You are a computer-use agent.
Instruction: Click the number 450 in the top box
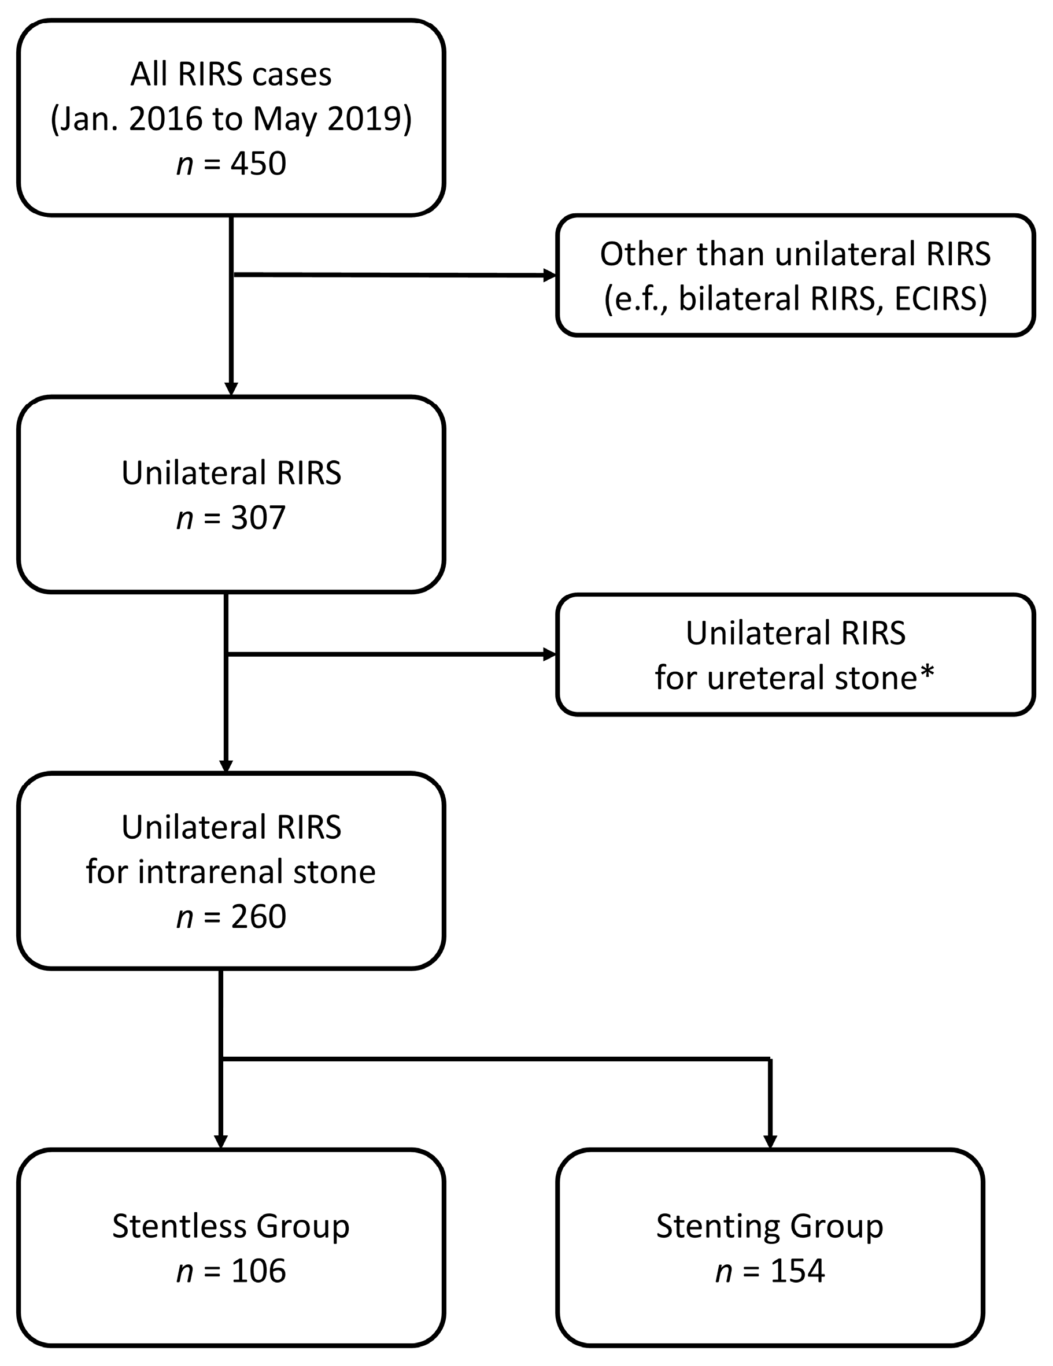pos(258,164)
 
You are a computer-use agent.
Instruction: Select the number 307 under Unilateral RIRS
pos(258,518)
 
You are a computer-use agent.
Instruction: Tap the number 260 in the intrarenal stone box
pos(258,917)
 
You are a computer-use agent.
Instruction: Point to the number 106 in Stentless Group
pos(258,1271)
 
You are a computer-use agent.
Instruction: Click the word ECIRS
pos(940,298)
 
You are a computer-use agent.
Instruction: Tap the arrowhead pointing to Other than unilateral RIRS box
pos(550,275)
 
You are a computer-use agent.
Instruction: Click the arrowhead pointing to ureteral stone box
pos(550,655)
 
